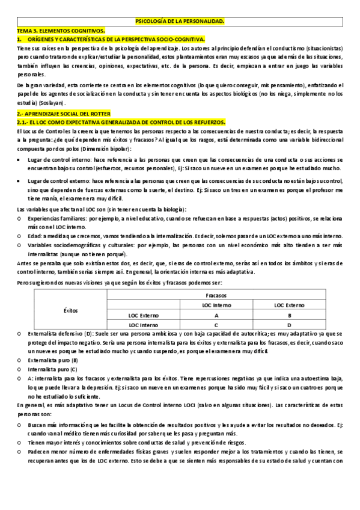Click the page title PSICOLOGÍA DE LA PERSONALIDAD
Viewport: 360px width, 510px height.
click(x=180, y=21)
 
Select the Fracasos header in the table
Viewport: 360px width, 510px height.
click(x=216, y=296)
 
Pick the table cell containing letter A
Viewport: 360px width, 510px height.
click(x=216, y=315)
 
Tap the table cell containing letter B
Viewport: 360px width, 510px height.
click(x=290, y=315)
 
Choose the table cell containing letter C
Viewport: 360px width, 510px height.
click(x=216, y=325)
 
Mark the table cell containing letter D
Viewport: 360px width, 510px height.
click(x=290, y=325)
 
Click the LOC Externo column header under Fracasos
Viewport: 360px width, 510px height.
click(x=290, y=306)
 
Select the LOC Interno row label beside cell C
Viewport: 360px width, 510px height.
click(x=142, y=325)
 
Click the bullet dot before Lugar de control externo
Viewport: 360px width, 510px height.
click(x=20, y=180)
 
